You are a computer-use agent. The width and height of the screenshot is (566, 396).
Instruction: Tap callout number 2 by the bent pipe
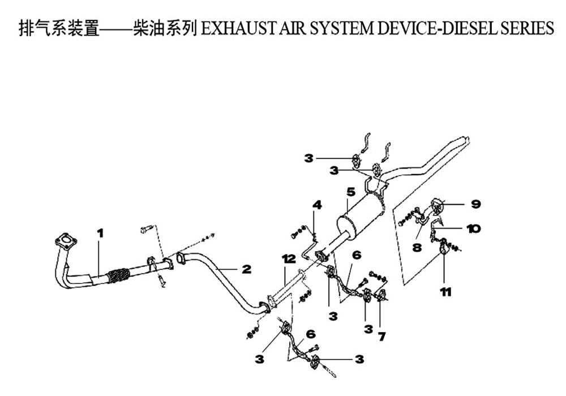pyautogui.click(x=246, y=269)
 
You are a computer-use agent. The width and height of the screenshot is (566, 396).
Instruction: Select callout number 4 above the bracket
pyautogui.click(x=317, y=205)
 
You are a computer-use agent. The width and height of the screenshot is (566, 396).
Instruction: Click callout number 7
pyautogui.click(x=381, y=337)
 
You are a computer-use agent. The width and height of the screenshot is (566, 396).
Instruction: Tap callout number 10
pyautogui.click(x=473, y=229)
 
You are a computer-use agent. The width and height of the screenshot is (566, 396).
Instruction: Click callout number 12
pyautogui.click(x=289, y=259)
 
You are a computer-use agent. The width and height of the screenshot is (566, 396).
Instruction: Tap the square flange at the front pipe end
pyautogui.click(x=66, y=240)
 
